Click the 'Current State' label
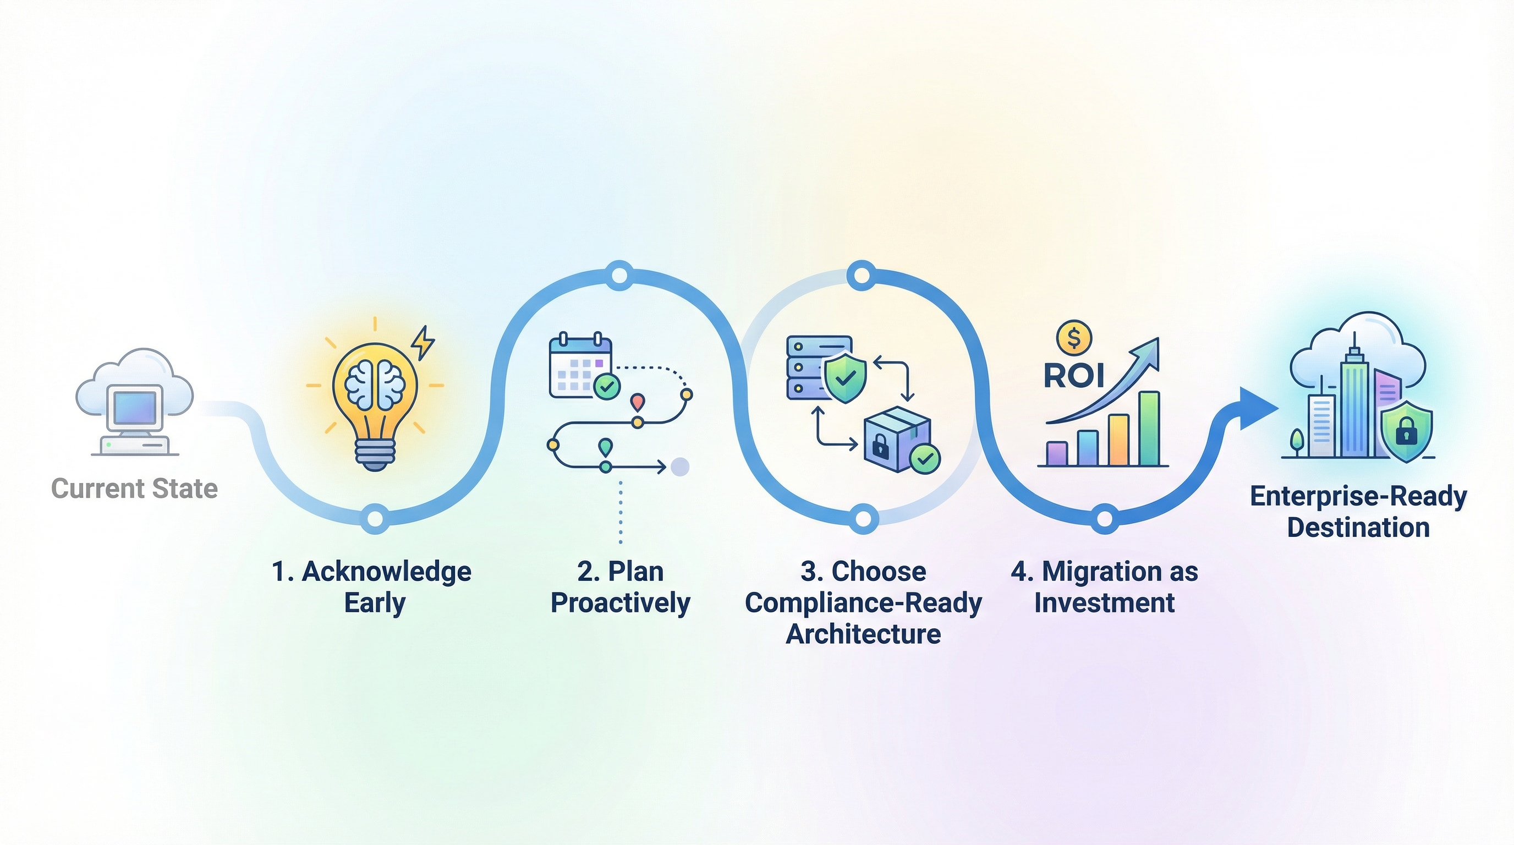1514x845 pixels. (135, 489)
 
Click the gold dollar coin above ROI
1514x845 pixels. (1074, 338)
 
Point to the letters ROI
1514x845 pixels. (1074, 376)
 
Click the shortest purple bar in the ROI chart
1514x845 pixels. (1057, 454)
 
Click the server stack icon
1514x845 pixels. (810, 368)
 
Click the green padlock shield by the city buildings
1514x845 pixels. (1406, 432)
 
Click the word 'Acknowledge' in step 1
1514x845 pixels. (386, 572)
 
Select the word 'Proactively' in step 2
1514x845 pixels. (621, 603)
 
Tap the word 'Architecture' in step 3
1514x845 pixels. (863, 634)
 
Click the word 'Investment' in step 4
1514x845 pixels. (1104, 603)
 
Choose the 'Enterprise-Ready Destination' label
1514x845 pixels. (1358, 512)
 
